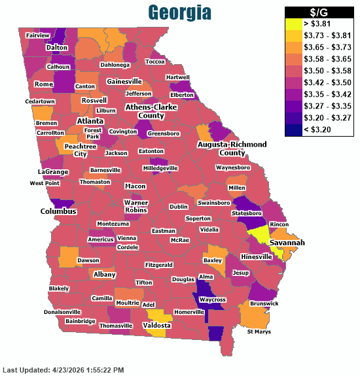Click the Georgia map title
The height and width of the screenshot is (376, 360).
[x=179, y=12]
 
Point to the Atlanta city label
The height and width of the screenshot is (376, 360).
[x=90, y=121]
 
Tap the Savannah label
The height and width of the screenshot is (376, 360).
[x=287, y=243]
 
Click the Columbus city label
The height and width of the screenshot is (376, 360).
[x=59, y=211]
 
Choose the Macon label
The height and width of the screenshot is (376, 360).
[x=135, y=186]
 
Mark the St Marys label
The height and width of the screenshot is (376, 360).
[x=258, y=332]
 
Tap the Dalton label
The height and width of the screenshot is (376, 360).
[x=58, y=48]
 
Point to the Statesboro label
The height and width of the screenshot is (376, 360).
[x=246, y=213]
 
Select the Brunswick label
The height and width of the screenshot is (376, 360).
[x=264, y=303]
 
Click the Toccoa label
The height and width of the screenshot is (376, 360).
[x=155, y=61]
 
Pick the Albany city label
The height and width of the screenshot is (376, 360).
[x=104, y=274]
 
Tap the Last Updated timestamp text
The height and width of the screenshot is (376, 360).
[x=63, y=370]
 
